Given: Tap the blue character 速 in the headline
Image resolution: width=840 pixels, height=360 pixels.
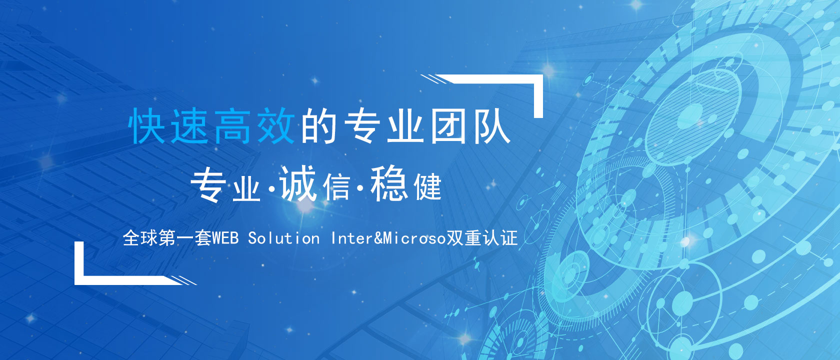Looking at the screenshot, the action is pos(190,126).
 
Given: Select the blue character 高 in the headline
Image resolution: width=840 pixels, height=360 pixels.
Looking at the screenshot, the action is pos(232,126).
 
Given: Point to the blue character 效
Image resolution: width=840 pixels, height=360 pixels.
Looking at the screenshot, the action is pos(275,126).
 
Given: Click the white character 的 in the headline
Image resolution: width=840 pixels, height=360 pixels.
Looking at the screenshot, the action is pos(319,126).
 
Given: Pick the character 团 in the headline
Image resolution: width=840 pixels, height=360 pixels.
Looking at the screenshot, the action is pos(448,126).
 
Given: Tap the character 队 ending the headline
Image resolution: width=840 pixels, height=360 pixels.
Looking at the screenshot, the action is pos(491,126).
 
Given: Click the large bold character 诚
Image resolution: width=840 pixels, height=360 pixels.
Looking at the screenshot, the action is pos(298,183).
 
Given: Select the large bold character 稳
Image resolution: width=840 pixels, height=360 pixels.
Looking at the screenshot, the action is pos(388,183).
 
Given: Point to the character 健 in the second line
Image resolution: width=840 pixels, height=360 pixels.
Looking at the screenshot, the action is pos(427,187).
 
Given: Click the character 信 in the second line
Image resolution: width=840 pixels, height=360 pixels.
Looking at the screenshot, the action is pos(337,187).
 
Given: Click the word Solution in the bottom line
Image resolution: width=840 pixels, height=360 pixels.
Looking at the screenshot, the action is pos(284,238).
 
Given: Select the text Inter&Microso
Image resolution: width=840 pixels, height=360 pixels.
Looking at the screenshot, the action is pos(388,238).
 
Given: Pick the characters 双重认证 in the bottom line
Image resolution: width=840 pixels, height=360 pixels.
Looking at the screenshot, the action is pos(481,238).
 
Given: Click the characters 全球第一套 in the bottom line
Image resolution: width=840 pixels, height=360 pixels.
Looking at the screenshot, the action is pos(167,238).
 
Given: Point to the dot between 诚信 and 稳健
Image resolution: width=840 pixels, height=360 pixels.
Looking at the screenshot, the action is pos(360,188).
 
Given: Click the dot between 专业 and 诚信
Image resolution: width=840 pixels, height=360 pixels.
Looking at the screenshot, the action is pos(271,188).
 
